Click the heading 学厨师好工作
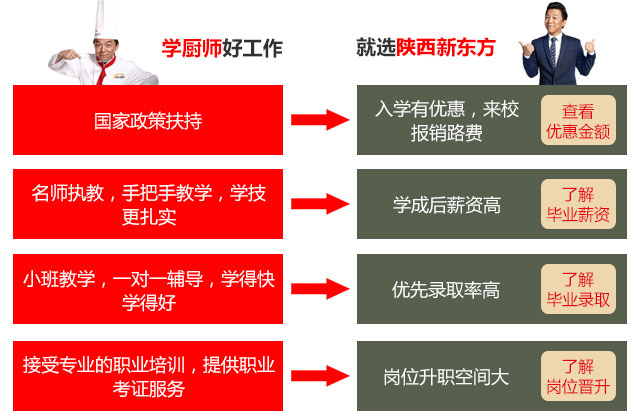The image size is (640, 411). (222, 47)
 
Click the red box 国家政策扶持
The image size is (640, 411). (148, 120)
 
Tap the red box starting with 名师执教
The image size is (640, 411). (148, 204)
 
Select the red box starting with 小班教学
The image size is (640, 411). (148, 289)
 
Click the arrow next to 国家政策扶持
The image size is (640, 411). (319, 120)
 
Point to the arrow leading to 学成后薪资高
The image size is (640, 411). (319, 205)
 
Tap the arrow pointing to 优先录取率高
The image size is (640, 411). (319, 290)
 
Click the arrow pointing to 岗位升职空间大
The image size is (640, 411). (319, 375)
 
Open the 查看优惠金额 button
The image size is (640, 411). (578, 121)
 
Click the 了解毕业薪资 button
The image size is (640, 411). (578, 205)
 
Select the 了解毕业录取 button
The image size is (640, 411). (578, 290)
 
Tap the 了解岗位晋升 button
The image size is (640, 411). (578, 375)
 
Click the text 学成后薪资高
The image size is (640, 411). (446, 205)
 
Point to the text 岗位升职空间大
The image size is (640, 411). (446, 377)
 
